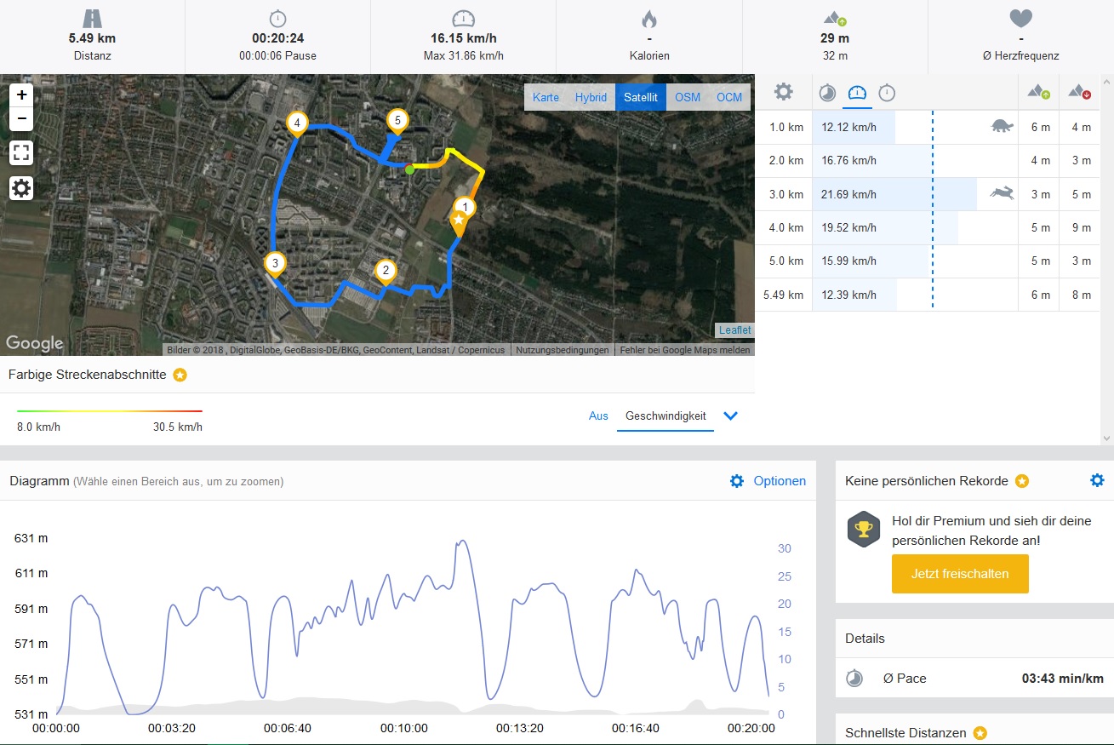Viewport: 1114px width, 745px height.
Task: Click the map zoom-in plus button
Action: [x=21, y=95]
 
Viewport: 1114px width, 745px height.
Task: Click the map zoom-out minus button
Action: [x=21, y=118]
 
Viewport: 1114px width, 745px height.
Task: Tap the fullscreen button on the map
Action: [x=21, y=153]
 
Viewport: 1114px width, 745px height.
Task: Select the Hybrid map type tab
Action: [x=591, y=97]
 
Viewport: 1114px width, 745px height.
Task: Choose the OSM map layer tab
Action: [x=688, y=97]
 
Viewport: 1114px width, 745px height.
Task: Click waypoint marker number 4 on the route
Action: [x=296, y=123]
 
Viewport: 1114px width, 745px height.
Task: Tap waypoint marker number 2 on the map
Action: [x=386, y=272]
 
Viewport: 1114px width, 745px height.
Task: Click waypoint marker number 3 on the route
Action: [x=274, y=263]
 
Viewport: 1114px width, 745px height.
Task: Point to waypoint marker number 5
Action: [x=397, y=120]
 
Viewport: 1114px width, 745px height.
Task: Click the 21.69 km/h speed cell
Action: [x=848, y=194]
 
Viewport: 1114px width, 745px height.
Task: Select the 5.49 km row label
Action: [x=783, y=295]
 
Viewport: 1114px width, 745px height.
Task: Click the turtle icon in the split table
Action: [x=1002, y=126]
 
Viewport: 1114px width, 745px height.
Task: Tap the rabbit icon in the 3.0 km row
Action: [x=1001, y=194]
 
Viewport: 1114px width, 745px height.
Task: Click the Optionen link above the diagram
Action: [x=779, y=481]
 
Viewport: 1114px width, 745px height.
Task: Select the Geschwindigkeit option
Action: [x=666, y=415]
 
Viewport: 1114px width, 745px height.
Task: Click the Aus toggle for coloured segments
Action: [x=598, y=415]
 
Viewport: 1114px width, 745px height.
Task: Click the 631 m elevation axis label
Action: [x=31, y=538]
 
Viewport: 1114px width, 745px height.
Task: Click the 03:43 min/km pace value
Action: [x=1062, y=679]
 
